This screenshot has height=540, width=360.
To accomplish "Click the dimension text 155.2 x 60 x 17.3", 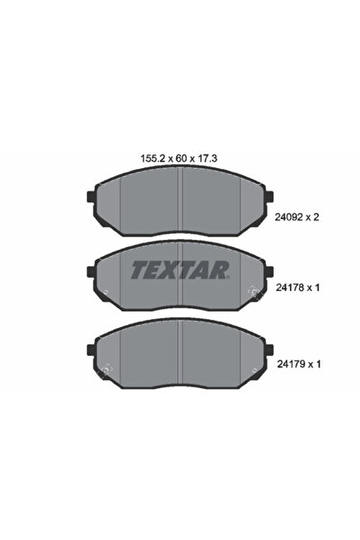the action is tap(179, 158).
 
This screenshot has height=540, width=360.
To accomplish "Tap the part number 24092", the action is tap(289, 217).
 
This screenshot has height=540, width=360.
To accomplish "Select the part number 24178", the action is tap(290, 288).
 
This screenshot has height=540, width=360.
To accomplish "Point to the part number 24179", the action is tap(291, 364).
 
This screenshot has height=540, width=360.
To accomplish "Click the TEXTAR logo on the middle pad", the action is tap(180, 270).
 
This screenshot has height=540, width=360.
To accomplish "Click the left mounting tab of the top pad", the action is tap(91, 197).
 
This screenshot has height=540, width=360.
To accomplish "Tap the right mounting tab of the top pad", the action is tap(269, 197).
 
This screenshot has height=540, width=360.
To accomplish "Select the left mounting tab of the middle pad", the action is tap(91, 271).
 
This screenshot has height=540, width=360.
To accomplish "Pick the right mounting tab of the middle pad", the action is tap(269, 271).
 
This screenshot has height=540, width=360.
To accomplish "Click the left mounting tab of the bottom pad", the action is tap(91, 350).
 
